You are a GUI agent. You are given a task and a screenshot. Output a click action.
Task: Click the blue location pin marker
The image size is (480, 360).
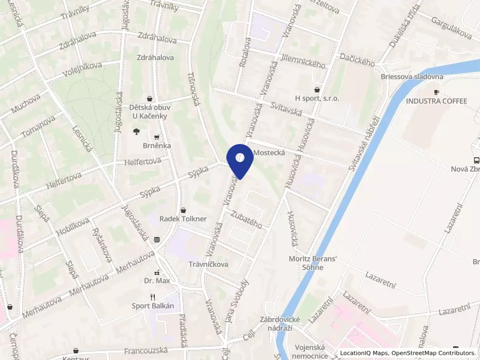pos(240,158)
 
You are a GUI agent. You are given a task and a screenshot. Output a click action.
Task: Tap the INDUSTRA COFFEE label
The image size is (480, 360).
pos(436,101)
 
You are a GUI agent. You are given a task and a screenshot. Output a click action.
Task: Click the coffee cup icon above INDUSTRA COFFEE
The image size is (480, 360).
pos(436,92)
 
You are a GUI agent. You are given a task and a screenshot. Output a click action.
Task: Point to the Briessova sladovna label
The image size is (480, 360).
pos(412,77)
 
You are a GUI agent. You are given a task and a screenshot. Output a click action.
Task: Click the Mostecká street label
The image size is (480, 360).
pos(269,153)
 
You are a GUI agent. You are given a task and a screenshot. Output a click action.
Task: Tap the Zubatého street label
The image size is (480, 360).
pos(247,221)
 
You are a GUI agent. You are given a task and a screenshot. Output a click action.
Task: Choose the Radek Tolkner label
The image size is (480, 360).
pos(183,219)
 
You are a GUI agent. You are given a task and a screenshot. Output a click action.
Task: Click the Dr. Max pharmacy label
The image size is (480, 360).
pos(157,280)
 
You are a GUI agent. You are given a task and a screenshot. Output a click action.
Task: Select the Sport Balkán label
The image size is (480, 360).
pos(153,305)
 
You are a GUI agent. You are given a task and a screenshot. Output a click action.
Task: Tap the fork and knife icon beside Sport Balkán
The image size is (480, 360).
pos(153,296)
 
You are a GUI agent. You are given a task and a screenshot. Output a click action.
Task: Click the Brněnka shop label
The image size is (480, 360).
pos(157,146)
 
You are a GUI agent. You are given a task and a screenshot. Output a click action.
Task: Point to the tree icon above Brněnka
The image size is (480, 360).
pos(137,131)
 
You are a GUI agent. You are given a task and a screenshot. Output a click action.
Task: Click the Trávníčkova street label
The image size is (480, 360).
pos(209,263)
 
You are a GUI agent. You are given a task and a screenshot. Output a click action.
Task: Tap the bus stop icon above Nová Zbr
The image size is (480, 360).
pos(476,160)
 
